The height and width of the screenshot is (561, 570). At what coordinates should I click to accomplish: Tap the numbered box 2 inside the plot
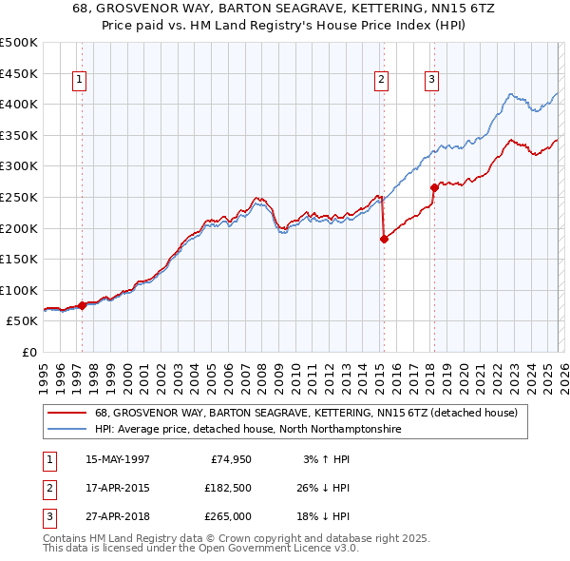click(381, 80)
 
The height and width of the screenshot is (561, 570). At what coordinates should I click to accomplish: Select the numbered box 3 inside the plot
click(431, 80)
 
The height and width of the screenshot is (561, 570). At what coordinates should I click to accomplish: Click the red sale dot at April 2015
click(384, 240)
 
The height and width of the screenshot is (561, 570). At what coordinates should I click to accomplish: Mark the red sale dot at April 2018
click(434, 188)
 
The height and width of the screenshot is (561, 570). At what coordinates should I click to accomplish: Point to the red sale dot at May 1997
click(83, 305)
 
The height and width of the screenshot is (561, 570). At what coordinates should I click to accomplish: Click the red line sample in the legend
click(67, 414)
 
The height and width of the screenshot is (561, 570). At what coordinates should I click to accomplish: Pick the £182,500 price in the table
click(228, 488)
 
